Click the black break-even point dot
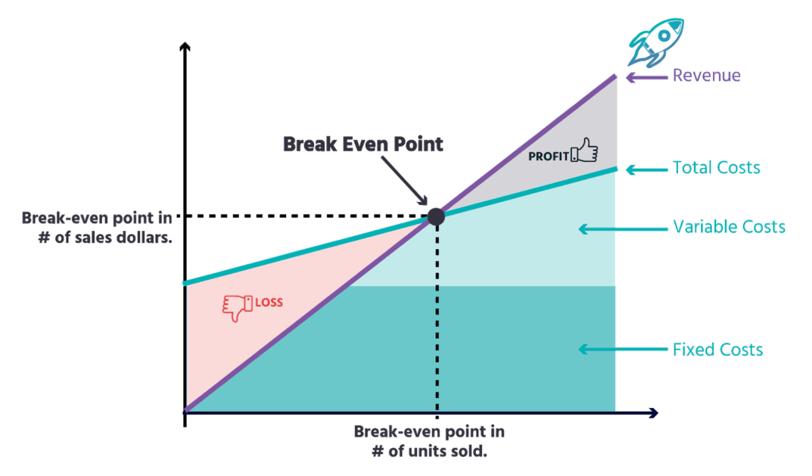[436, 216]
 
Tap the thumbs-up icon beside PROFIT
[584, 151]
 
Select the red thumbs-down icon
[235, 307]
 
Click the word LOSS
[269, 303]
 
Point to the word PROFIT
[549, 157]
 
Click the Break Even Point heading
[361, 144]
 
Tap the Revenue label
[707, 76]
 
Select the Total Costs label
[717, 167]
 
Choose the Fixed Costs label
[717, 350]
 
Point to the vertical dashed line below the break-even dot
[436, 318]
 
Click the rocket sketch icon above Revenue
[655, 42]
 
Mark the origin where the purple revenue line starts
[185, 409]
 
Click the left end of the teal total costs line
[186, 284]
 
